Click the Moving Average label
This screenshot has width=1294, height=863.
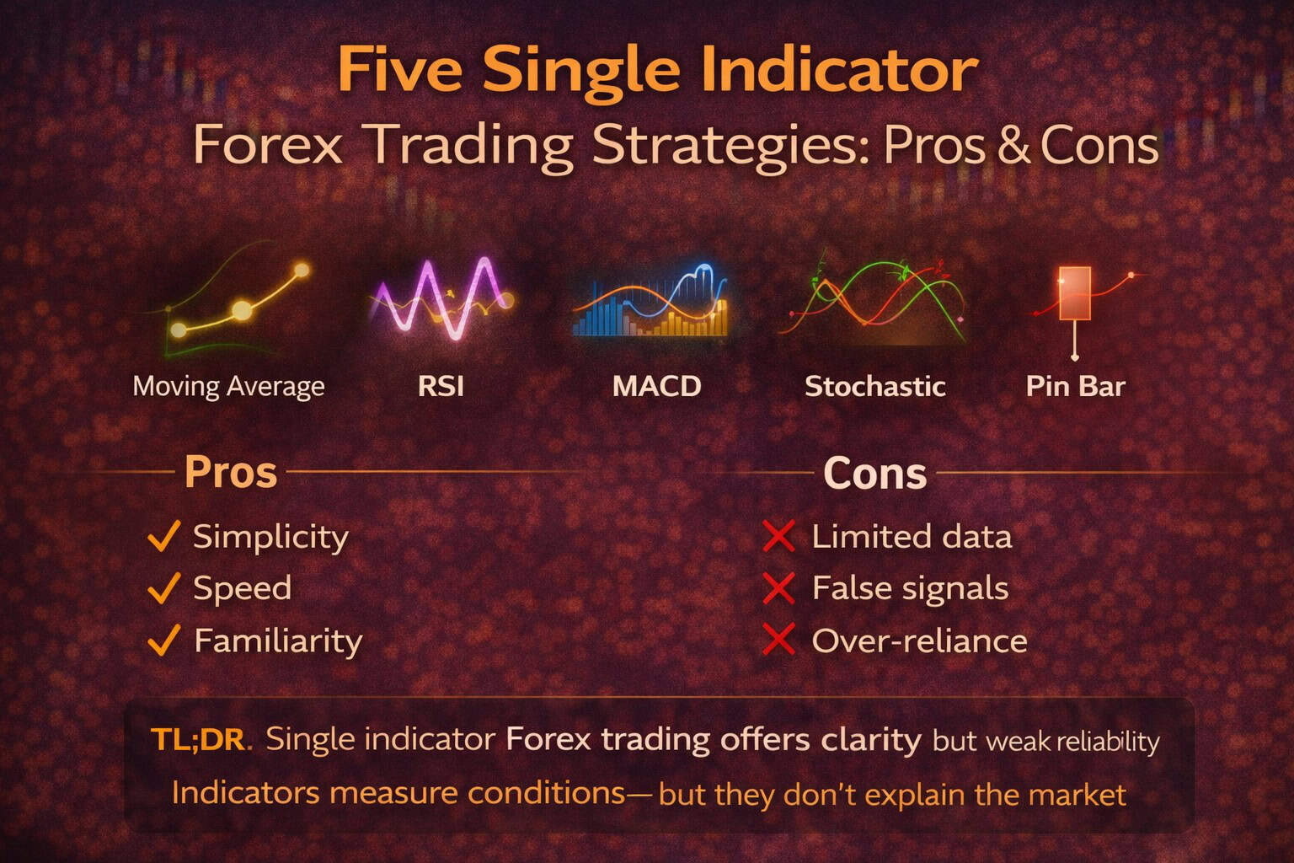[228, 387]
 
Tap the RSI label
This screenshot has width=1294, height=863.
[441, 387]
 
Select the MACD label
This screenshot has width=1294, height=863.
[656, 387]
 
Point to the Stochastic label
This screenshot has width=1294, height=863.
[874, 387]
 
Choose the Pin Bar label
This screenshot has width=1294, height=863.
[1075, 387]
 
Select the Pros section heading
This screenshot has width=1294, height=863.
[230, 472]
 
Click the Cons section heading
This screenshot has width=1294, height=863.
[874, 473]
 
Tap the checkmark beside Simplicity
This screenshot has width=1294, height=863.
[163, 536]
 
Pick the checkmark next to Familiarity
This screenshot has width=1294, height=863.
[163, 641]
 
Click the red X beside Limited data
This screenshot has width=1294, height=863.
[778, 537]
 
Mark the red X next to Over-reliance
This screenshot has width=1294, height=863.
[778, 641]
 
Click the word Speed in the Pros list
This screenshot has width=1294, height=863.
[242, 588]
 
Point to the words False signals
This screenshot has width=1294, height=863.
[910, 588]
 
